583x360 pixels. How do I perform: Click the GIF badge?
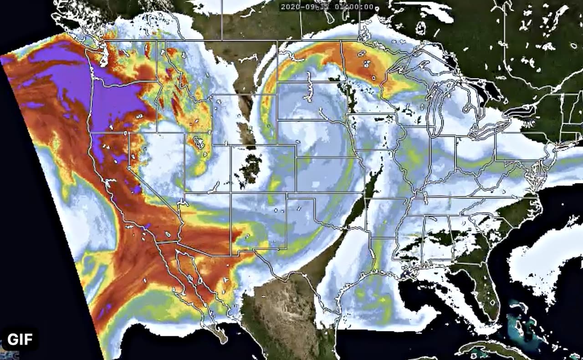(x=19, y=339)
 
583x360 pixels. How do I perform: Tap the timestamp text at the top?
(x=327, y=7)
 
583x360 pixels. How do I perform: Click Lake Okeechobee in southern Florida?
(x=490, y=301)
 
